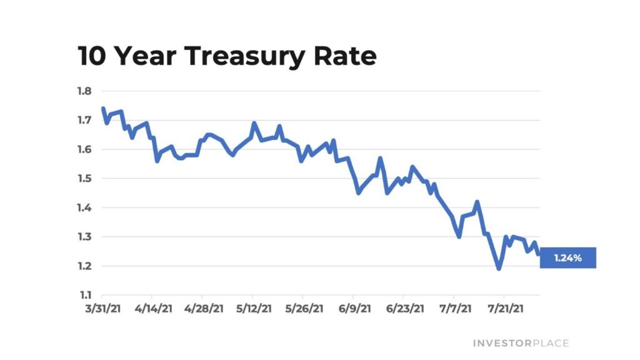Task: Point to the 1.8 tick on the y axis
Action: tap(84, 91)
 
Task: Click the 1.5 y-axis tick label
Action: tap(84, 179)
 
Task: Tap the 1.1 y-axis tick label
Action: tap(84, 296)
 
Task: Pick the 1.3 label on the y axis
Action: tap(84, 237)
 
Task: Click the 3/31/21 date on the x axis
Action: tap(102, 308)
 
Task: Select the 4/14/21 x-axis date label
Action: tap(152, 308)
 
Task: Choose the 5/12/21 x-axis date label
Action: tap(253, 308)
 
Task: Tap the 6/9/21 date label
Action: tap(354, 308)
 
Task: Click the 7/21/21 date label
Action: tap(504, 308)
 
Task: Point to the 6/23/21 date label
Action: tap(404, 308)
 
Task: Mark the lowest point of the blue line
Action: tap(499, 269)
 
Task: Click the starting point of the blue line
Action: tap(102, 109)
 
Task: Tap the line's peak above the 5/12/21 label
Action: tap(254, 123)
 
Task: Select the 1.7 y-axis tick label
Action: tap(84, 120)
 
